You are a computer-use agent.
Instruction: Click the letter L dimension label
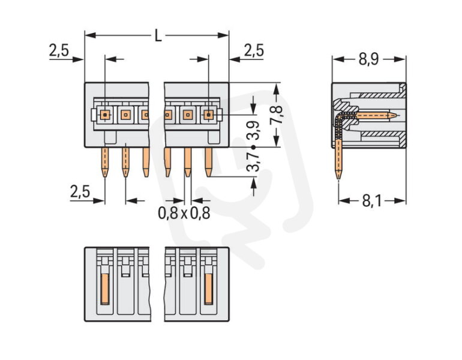pos(158,36)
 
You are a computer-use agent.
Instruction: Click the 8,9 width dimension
pos(368,59)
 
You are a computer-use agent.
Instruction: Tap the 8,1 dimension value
pos(371,201)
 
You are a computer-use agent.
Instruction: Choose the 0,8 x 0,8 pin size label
pos(184,213)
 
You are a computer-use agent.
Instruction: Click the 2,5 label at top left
pos(59,50)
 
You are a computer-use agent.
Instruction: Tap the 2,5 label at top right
pos(254,50)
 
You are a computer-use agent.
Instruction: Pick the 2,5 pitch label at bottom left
pos(80,192)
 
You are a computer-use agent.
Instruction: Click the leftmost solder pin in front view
pos(105,162)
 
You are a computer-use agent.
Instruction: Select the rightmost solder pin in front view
pos(208,162)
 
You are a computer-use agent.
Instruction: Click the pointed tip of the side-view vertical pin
pos(338,179)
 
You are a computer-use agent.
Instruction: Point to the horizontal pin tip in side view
pos(395,115)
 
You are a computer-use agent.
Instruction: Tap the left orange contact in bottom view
pos(105,289)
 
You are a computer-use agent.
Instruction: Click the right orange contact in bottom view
pos(209,289)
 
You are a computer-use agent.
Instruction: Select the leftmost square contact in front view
pos(105,115)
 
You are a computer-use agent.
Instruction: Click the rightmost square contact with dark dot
pos(209,115)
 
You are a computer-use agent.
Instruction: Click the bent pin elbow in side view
pos(341,116)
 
